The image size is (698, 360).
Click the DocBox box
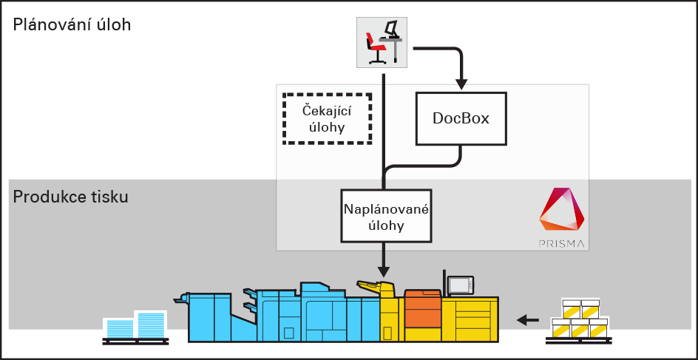[x=461, y=118]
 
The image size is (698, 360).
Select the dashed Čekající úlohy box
[x=327, y=119]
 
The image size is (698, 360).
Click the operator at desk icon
[x=382, y=42]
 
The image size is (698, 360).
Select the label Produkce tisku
[x=71, y=197]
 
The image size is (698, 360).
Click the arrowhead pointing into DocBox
[x=461, y=81]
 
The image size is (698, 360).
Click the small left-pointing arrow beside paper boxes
[x=528, y=320]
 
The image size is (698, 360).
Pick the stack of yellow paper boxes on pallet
[x=580, y=319]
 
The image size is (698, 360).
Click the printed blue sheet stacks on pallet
[x=135, y=325]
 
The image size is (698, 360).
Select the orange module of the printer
[x=422, y=308]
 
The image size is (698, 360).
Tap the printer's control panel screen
[x=461, y=285]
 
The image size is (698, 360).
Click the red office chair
[x=375, y=50]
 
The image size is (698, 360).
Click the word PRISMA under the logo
[x=560, y=242]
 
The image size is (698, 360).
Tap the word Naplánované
[x=386, y=208]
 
